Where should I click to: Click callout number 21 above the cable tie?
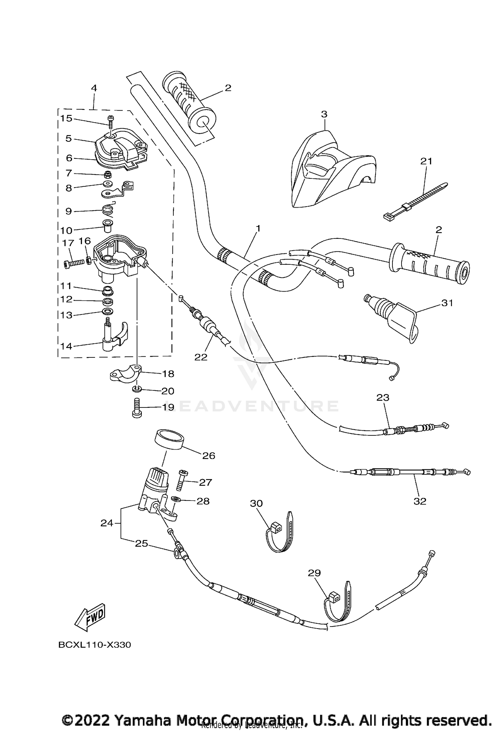click(x=426, y=161)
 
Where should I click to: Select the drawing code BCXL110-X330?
click(x=94, y=645)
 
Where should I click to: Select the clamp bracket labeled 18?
click(x=126, y=374)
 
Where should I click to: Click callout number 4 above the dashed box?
click(x=94, y=88)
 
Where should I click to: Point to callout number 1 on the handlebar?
click(x=258, y=228)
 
